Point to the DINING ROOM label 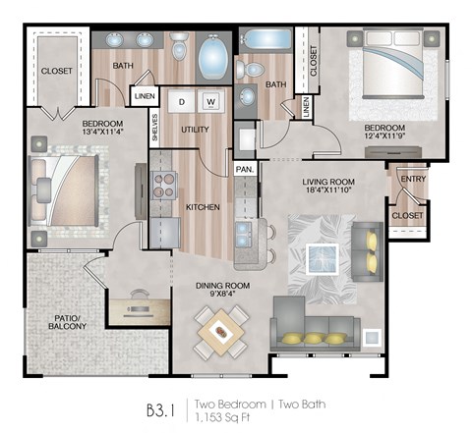(222, 286)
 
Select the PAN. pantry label (244, 169)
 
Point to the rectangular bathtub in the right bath (265, 40)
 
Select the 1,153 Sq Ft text (226, 417)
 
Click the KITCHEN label (202, 207)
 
